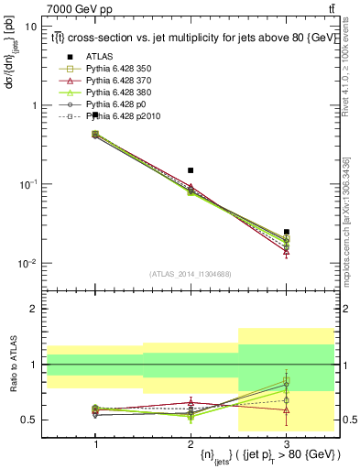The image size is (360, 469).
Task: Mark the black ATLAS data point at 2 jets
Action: (191, 170)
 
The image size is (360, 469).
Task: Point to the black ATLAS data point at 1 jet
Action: (95, 115)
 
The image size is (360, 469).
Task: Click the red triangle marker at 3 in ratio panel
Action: (287, 410)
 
